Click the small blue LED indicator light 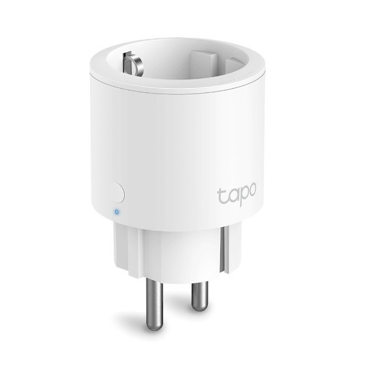coord(115,212)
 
